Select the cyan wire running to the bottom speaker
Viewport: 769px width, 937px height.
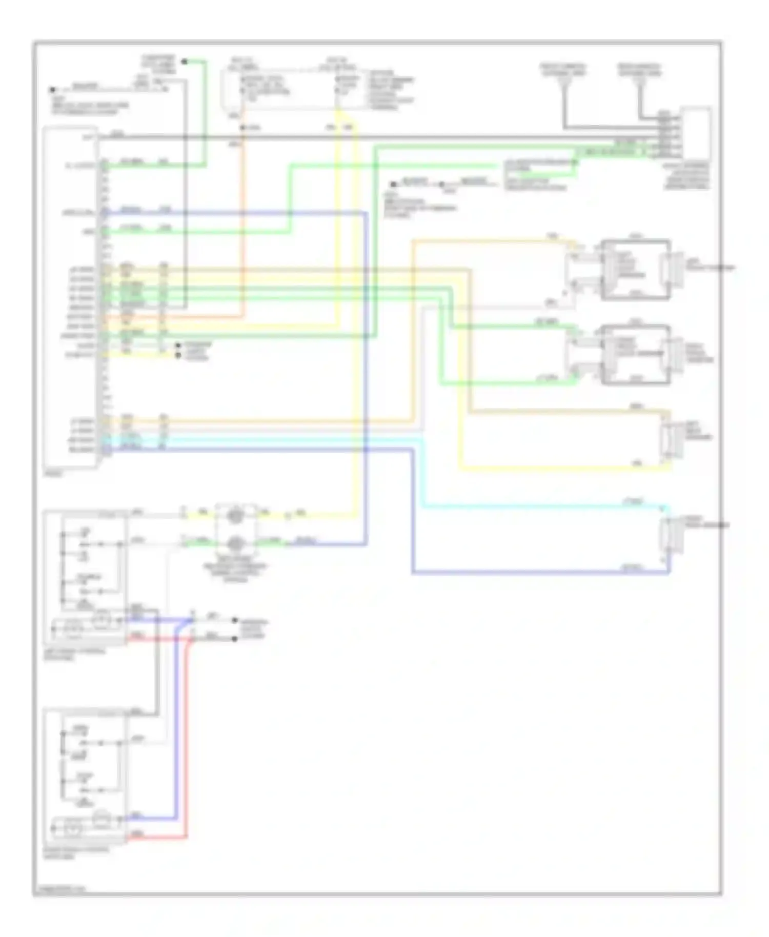538,507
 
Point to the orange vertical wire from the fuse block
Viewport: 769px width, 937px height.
242,231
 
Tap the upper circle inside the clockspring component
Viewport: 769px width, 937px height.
235,515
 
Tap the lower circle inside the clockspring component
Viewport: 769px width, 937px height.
235,542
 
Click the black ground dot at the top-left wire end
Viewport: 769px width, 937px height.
52,90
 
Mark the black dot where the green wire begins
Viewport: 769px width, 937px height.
185,62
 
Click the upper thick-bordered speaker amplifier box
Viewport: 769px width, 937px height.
636,269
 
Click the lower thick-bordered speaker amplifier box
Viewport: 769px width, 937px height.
636,354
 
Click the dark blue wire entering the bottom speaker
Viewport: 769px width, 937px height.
538,573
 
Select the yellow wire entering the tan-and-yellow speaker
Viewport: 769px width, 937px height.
564,469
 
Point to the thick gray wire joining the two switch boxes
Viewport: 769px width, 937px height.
157,661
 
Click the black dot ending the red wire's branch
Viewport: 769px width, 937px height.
235,639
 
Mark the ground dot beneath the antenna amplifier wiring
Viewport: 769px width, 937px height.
393,184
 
